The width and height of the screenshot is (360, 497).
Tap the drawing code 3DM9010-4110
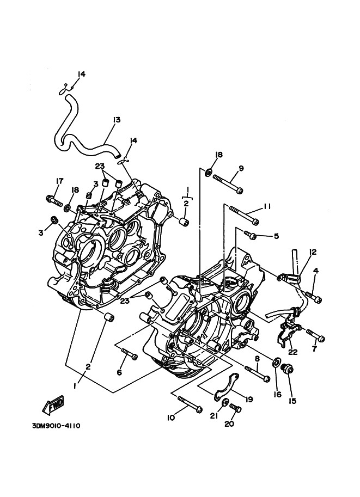pos(56,425)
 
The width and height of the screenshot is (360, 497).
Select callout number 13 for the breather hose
pos(116,120)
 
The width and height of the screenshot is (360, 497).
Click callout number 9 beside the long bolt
pos(241,168)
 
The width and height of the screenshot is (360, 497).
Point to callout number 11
pos(267,206)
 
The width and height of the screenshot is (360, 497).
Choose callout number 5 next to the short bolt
pos(276,236)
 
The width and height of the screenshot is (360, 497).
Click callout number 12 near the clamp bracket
pos(313,252)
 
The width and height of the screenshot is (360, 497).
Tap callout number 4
pos(316,271)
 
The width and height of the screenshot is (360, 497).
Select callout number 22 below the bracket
pos(293,352)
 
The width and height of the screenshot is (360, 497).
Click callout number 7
pos(315,349)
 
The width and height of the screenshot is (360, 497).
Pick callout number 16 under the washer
pos(278,394)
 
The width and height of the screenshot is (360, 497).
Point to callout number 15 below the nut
pos(292,401)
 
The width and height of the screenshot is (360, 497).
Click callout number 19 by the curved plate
pos(249,400)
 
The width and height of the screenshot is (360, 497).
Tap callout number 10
pos(171,418)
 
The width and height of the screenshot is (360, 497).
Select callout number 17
pos(59,181)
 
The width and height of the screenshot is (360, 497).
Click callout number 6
pos(119,372)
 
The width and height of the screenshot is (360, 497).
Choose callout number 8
pos(257,359)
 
